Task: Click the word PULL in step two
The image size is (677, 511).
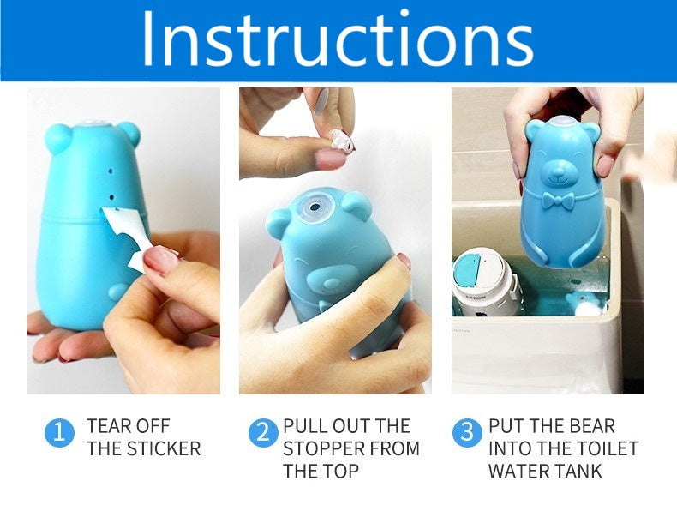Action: [303, 426]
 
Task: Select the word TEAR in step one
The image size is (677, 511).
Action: [105, 426]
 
